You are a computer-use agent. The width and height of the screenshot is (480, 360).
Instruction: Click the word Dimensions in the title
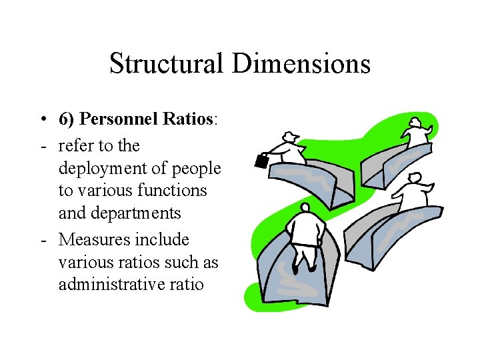point(301,64)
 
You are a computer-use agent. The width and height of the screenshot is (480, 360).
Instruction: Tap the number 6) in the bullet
point(67,119)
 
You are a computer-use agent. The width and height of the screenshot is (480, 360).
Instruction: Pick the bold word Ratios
point(185,119)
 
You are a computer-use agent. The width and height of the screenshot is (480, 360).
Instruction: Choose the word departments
point(138,213)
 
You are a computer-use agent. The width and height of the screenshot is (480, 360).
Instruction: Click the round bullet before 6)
point(42,119)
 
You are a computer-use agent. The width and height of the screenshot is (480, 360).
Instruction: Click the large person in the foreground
point(306,233)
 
